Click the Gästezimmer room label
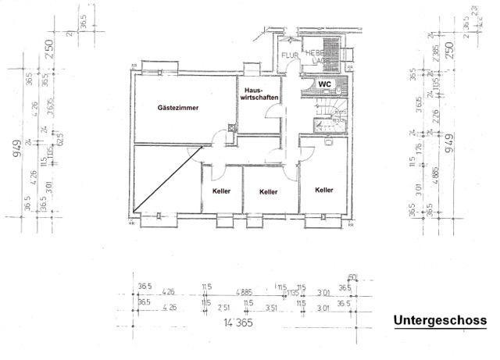coord(178,107)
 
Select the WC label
coord(323,84)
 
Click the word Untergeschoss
coord(439,321)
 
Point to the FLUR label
coord(289,55)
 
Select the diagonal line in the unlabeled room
coord(165,179)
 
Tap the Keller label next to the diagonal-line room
coord(221,191)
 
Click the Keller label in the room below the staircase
coord(324,190)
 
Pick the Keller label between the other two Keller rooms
coord(269,191)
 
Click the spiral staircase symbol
coord(329,109)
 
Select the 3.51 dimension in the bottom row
coord(271,308)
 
